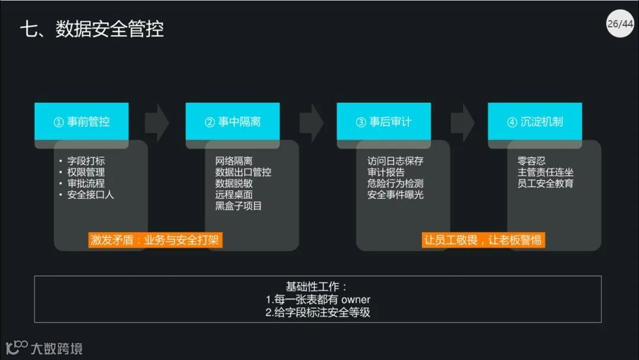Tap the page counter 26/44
pos(619,24)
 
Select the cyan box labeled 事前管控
pos(82,122)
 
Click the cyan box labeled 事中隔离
pos(233,122)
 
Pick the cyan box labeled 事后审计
pos(383,122)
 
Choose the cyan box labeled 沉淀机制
pos(535,122)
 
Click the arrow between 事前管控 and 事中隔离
pos(156,122)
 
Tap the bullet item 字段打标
pos(86,161)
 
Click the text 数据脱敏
pos(234,184)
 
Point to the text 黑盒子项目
pos(238,206)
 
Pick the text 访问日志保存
pos(395,161)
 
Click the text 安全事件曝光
pos(395,195)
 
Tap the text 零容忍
pos(531,161)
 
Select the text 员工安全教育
pos(546,184)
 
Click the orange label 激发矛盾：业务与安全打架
pos(156,240)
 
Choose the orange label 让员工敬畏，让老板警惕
pos(483,240)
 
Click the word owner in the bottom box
pos(356,300)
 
